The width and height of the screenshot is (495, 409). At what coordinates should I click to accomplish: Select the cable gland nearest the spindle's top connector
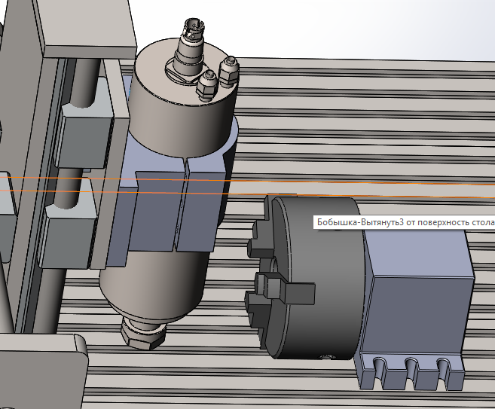pyautogui.click(x=207, y=84)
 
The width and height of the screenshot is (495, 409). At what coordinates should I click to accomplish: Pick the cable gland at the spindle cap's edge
pyautogui.click(x=228, y=72)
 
